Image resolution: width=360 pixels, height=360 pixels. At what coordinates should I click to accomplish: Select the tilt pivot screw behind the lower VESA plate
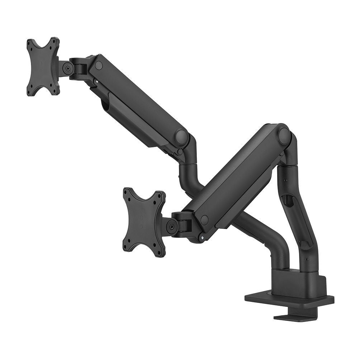click(171, 227)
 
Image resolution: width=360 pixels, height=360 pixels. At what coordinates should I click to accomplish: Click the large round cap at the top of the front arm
click(284, 136)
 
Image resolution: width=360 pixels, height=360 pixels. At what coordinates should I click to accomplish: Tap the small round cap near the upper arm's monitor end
click(99, 65)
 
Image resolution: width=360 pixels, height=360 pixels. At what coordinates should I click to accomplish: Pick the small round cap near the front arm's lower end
click(204, 219)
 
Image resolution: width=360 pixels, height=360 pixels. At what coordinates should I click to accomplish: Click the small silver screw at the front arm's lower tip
click(203, 237)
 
